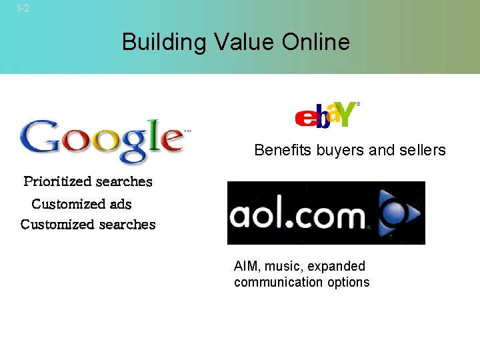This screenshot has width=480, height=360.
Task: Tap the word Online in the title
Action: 315,43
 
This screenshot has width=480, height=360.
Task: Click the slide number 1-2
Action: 23,9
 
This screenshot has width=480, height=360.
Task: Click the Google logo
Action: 102,139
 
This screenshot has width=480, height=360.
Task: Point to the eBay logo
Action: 327,114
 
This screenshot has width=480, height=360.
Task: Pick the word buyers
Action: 340,150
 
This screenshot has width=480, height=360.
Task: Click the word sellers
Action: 423,150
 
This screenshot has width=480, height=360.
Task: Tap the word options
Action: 349,282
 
